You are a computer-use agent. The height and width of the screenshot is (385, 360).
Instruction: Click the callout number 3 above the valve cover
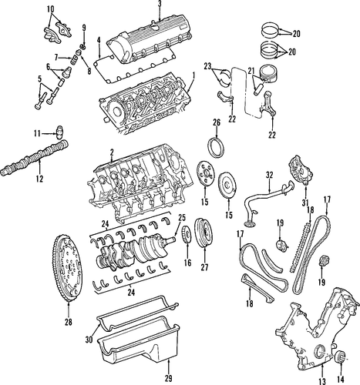point(160,4)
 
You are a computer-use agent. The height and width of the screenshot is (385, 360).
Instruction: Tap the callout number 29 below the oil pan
point(169,378)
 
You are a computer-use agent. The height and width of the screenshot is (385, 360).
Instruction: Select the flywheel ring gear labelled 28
point(67,267)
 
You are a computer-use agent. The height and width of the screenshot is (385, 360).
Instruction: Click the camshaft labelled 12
point(35,157)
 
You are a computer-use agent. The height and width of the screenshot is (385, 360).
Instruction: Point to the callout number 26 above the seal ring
point(217,122)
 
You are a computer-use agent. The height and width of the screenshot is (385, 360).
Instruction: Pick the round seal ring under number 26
point(217,147)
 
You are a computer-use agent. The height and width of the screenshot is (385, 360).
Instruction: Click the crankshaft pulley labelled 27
point(205,233)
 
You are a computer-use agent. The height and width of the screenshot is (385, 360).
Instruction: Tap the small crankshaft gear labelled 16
point(187,236)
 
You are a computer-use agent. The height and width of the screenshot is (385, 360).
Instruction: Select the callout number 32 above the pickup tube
point(270,176)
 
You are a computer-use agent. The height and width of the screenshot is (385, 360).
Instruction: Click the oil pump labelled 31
point(301,170)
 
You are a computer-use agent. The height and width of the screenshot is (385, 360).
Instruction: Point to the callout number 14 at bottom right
point(340,380)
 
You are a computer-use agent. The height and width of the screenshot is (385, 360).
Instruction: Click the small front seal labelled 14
point(340,357)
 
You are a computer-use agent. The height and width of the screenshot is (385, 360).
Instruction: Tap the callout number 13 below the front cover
point(322,381)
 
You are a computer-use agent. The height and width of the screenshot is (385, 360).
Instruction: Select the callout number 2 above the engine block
point(112,152)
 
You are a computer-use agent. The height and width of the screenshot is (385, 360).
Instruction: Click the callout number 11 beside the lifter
point(37,133)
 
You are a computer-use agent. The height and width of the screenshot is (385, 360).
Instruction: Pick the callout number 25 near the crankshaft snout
point(182,218)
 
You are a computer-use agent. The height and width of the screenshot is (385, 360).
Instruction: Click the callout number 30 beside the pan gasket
point(89,340)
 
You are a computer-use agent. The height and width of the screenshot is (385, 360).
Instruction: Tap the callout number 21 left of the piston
point(251,70)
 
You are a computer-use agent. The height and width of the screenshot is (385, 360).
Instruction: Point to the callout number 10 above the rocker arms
point(51,9)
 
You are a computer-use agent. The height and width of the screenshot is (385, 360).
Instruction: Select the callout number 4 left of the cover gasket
point(99,40)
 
